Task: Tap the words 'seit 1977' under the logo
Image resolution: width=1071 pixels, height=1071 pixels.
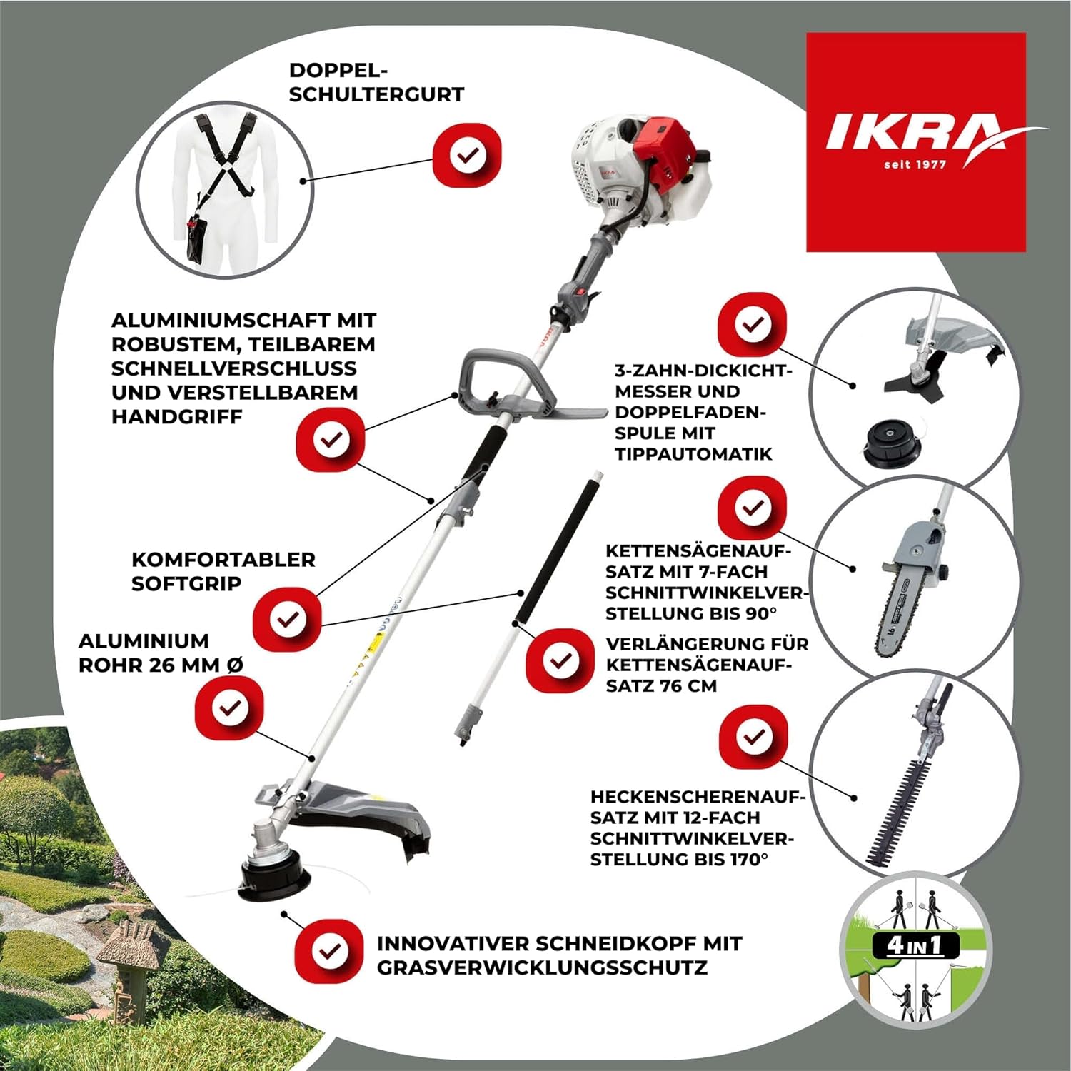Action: (915, 164)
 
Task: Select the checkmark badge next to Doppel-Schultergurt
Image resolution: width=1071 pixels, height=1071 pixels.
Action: (468, 155)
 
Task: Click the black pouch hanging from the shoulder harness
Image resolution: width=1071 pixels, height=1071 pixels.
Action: (196, 239)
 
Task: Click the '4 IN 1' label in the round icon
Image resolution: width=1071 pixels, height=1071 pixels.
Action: (915, 946)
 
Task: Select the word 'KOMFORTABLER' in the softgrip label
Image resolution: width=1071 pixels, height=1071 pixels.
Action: (223, 560)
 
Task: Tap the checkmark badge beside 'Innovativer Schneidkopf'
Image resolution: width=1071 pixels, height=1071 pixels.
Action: (329, 952)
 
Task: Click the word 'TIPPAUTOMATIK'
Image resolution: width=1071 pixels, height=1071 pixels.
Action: (694, 453)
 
